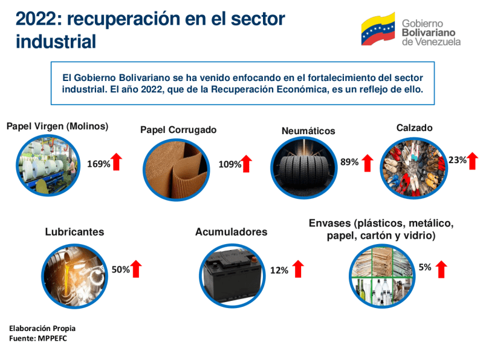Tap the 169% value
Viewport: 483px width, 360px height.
(99, 164)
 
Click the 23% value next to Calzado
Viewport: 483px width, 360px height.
(457, 160)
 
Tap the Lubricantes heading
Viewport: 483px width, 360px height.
(74, 231)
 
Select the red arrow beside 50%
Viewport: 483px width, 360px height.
(136, 269)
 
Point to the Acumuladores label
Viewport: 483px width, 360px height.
(231, 232)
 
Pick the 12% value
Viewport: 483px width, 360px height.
(279, 271)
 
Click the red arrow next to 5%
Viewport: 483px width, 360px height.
(441, 269)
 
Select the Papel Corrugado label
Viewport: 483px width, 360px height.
(178, 130)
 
